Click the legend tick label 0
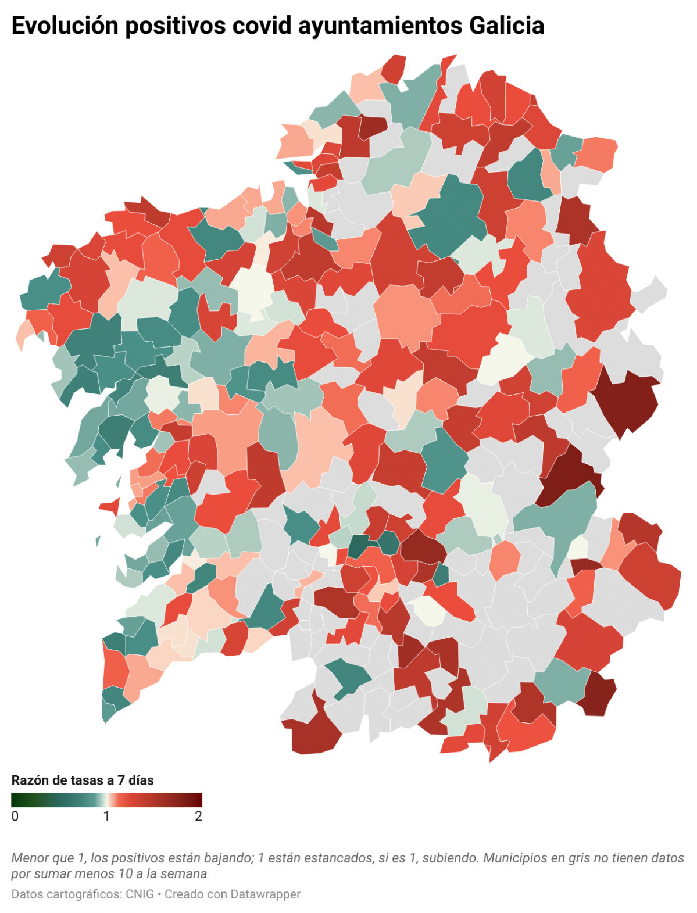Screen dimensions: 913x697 coord(15,817)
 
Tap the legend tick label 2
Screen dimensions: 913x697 coord(198,817)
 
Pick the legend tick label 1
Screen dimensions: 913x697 coord(106,817)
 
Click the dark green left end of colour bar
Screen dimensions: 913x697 coord(15,800)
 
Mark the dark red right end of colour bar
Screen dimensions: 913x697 coord(199,800)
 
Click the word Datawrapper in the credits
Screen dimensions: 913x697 coord(266,894)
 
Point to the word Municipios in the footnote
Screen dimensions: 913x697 coord(512,858)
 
